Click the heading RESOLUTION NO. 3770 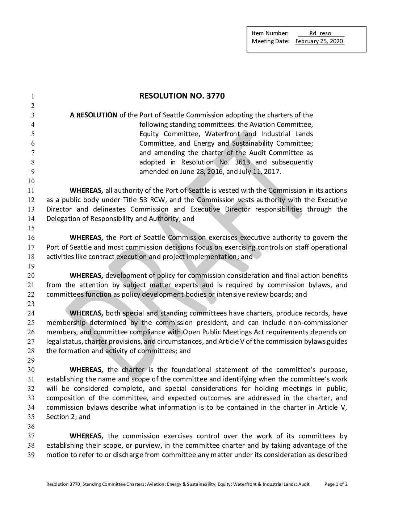(182, 96)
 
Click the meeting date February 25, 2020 (319, 41)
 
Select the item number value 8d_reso (320, 33)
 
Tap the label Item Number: (270, 33)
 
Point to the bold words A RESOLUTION (93, 115)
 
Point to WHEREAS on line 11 (86, 191)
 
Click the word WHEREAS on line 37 (86, 436)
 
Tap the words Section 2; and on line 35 (68, 417)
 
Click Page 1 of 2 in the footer (336, 484)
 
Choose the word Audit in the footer (304, 484)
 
